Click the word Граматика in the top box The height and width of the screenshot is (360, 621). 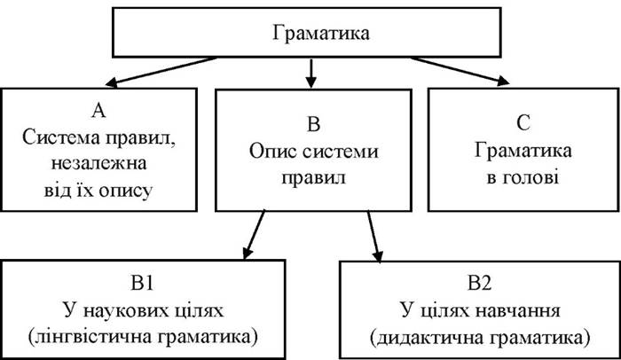click(310, 35)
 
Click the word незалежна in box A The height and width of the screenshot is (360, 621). click(98, 164)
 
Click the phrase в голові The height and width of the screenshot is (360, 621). click(522, 177)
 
